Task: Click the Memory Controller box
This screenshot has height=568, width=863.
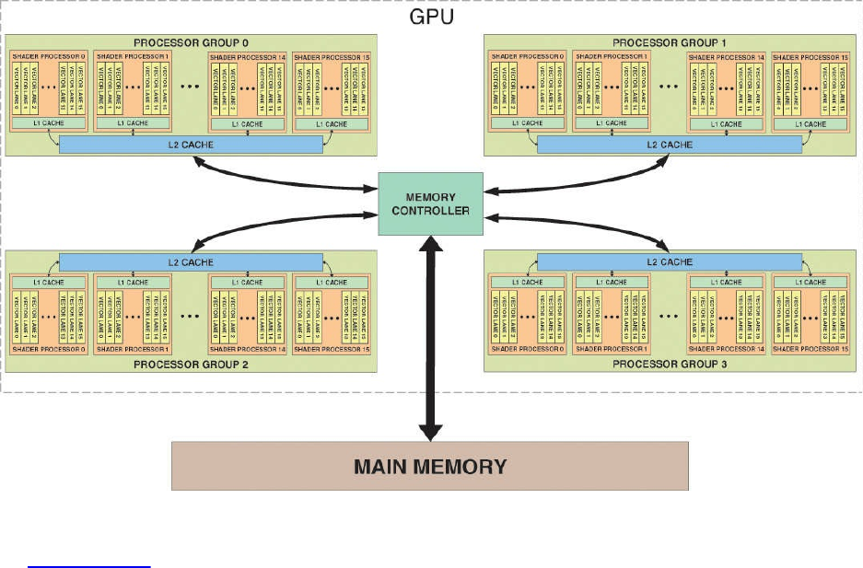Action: [431, 203]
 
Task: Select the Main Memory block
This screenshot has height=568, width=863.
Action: [430, 466]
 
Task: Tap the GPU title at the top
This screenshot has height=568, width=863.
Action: [431, 17]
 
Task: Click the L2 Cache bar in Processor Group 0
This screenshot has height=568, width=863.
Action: [191, 145]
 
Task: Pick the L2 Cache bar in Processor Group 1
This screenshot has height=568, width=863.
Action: [670, 145]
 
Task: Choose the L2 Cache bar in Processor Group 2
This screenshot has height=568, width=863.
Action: [191, 262]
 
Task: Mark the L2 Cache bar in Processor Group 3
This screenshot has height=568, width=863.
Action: [670, 262]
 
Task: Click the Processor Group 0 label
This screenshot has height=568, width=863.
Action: [191, 42]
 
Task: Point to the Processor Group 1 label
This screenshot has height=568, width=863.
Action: [670, 42]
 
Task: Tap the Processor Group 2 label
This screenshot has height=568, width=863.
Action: [191, 365]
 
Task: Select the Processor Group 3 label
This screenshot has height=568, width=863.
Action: [670, 365]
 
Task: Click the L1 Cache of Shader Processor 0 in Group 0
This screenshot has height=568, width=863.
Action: [38, 122]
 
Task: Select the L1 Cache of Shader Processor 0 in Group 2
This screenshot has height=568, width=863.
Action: [38, 282]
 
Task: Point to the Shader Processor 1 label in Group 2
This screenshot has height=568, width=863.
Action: [133, 350]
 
